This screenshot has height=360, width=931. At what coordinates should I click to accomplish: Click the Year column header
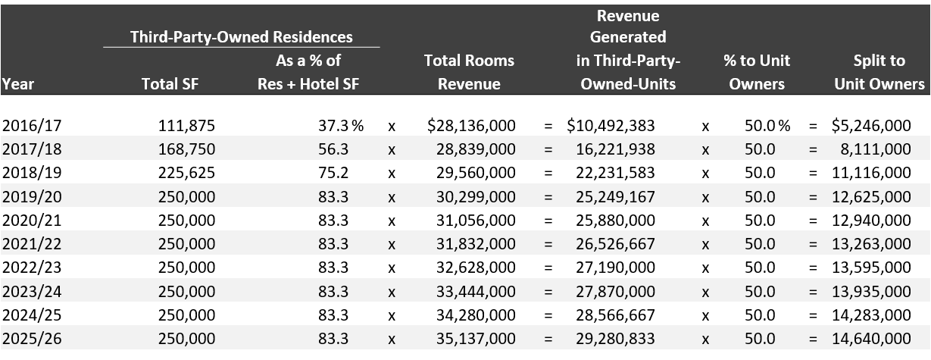point(18,84)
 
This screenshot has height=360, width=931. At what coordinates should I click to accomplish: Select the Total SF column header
point(170,84)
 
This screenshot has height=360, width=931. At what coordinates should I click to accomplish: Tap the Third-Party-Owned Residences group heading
point(242,36)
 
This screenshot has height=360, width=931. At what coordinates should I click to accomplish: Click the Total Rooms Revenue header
point(469,72)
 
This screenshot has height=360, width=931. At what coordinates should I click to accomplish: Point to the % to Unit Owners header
point(757,72)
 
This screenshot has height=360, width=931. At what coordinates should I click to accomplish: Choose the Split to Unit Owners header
point(879,72)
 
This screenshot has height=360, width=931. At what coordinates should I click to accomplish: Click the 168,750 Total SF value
point(186,150)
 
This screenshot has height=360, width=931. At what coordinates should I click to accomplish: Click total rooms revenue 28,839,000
point(476,150)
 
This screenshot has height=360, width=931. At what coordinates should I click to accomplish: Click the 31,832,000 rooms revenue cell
point(476,244)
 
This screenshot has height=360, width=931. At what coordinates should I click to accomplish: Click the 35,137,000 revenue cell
point(476,338)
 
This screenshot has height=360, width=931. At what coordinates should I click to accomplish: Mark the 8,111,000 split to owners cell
point(876,150)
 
